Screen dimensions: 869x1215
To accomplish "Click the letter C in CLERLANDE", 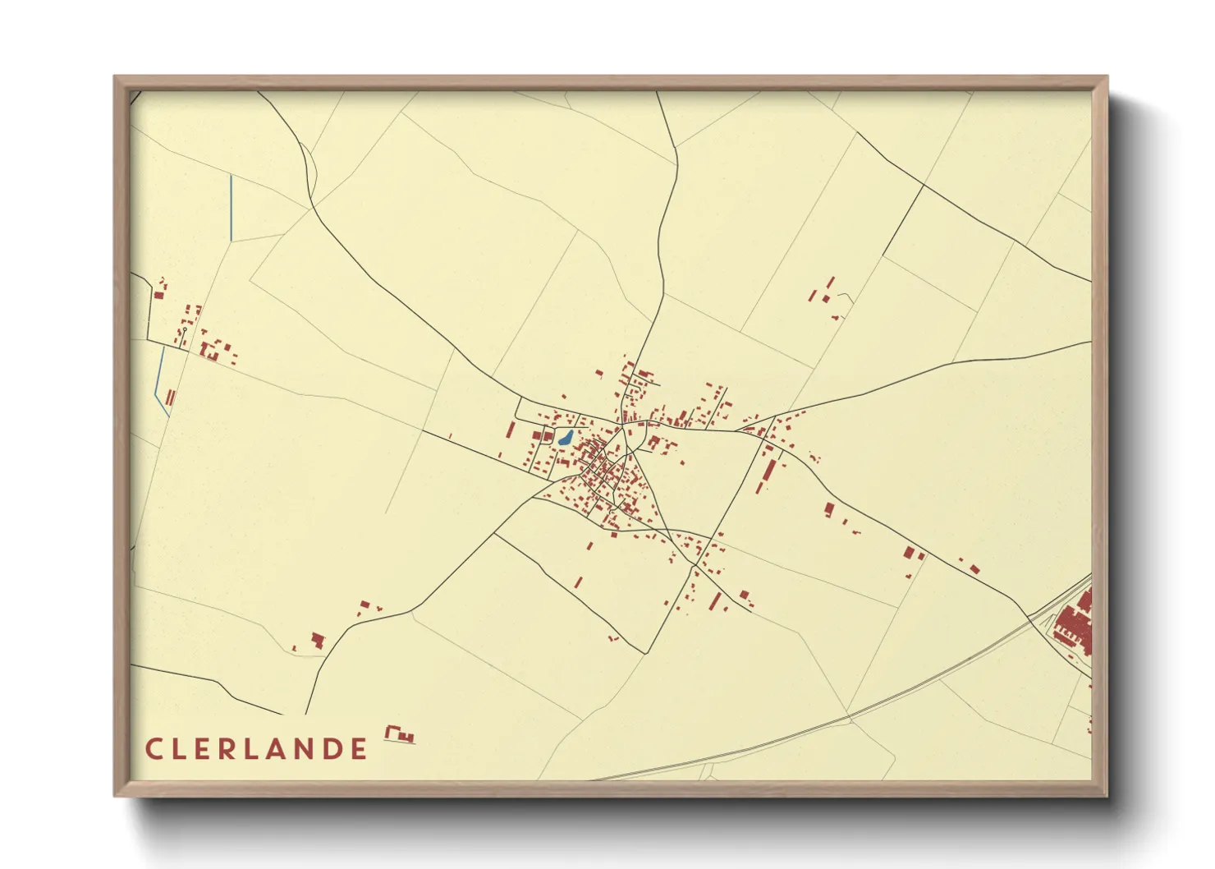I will click(x=153, y=749).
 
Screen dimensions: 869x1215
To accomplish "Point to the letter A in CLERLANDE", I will click(x=274, y=749).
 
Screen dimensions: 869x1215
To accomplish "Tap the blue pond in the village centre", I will click(x=566, y=438).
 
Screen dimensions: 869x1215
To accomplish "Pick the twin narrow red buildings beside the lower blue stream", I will click(x=171, y=398).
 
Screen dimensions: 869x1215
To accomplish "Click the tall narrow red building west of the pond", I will click(x=510, y=431).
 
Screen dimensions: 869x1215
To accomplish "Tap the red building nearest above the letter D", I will click(x=317, y=640).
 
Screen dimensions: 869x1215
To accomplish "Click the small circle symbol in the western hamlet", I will click(x=185, y=328).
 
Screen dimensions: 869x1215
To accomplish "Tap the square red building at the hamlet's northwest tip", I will click(x=158, y=294).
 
